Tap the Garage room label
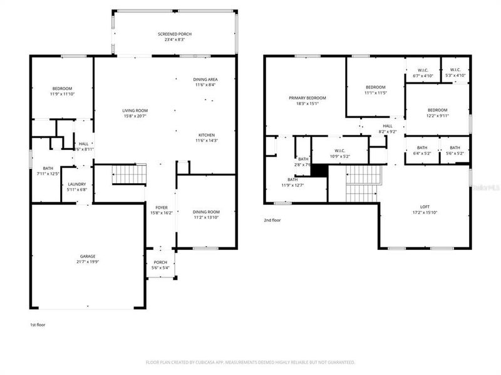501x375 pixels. pos(88,259)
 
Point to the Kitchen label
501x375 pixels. pos(207,137)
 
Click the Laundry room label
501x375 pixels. pos(77,187)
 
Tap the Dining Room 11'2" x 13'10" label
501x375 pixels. pos(206,215)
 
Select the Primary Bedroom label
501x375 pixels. pos(304,101)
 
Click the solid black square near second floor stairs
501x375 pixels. pos(319,171)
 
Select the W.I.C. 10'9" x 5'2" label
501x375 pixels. pos(340,153)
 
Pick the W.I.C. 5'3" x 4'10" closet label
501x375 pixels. pos(455,72)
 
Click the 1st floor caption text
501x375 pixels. pos(38,325)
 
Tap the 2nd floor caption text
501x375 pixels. pos(272,219)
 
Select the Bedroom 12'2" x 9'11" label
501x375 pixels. pos(437,112)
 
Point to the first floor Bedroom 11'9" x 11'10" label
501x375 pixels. pos(61,91)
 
